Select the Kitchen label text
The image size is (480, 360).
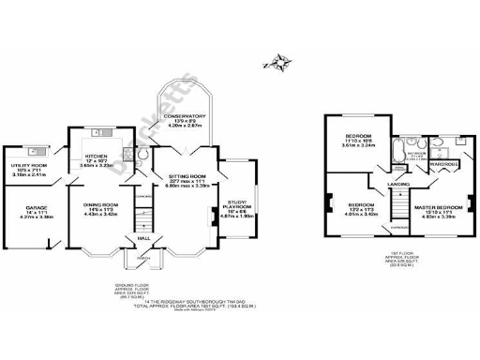pos(99,157)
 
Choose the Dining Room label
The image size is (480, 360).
pos(99,208)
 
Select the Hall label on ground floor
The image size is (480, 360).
pos(142,238)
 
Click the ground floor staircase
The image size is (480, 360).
pos(142,219)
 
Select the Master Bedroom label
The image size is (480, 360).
pos(439,208)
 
